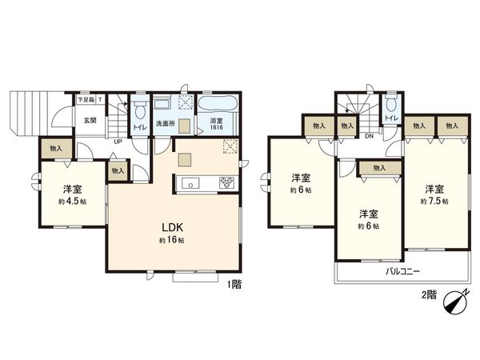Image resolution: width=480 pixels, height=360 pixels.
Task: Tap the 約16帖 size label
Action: (x=176, y=240)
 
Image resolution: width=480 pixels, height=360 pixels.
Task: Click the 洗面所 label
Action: (x=166, y=124)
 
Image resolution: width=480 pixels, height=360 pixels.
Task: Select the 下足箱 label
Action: (x=85, y=100)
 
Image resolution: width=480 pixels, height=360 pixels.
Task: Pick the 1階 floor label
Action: (x=233, y=284)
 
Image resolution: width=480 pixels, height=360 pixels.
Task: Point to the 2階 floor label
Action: (x=430, y=295)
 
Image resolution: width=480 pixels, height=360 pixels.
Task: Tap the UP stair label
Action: (x=117, y=142)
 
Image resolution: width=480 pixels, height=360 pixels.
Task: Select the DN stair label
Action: (x=369, y=136)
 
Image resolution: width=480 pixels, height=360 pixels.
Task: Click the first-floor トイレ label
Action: (x=139, y=126)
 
